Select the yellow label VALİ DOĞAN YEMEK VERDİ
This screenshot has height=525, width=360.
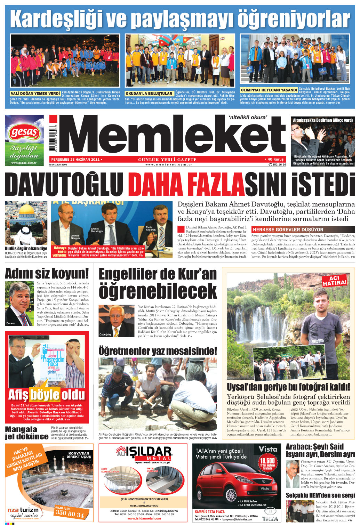point(35,94)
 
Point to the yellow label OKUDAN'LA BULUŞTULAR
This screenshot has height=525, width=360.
point(149,94)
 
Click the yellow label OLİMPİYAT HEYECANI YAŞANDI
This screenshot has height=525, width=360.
point(269,90)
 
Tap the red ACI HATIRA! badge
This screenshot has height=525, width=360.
point(335,281)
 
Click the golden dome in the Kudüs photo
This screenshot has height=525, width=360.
point(26,211)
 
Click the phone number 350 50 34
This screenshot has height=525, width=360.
point(70,513)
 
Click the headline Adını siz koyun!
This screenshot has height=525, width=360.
point(47,274)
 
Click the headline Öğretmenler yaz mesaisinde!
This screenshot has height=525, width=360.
point(158,351)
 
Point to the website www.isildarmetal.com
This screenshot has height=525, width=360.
point(144,518)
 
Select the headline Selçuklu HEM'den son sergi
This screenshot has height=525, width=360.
point(320,495)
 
